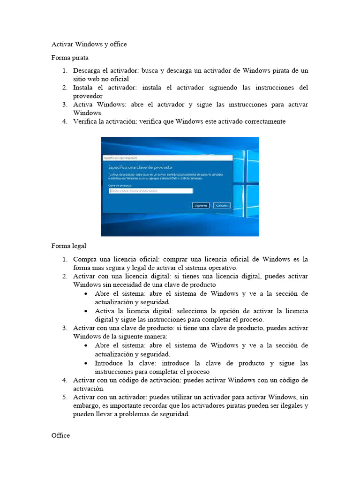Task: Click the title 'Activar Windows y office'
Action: pos(89,45)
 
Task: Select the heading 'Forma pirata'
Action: pos(70,58)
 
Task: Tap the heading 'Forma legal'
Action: pos(68,246)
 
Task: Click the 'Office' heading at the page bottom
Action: pos(60,435)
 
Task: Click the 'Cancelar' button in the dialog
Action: pos(222,205)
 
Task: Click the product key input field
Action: pos(150,191)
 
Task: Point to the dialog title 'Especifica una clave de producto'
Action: pos(140,167)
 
